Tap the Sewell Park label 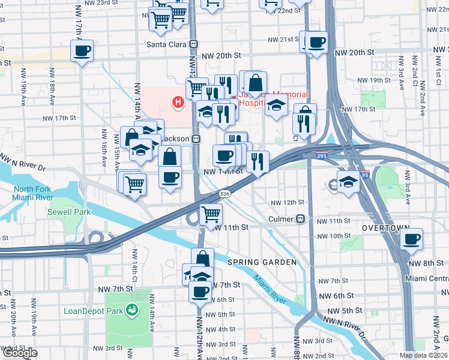coord(70,212)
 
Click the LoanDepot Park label coord(93,311)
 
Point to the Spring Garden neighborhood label coord(262,263)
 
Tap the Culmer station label coord(280,219)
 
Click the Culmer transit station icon coord(300,219)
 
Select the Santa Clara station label coord(167,44)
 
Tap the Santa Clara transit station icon coord(193,44)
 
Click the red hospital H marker coord(178,103)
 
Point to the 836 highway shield coord(224,193)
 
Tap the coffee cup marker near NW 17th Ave coord(82,50)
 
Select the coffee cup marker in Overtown coord(411,239)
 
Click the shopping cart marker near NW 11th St coord(211,214)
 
